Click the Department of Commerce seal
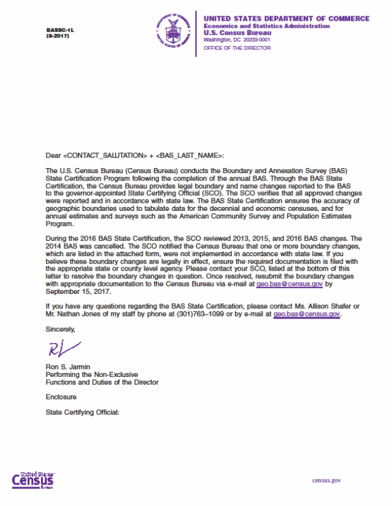[171, 30]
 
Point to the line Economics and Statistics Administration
[267, 26]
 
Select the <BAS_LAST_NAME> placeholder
[188, 155]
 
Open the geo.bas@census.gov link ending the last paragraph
[307, 313]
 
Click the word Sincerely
[60, 329]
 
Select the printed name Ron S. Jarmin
[69, 367]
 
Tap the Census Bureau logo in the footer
[33, 480]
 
